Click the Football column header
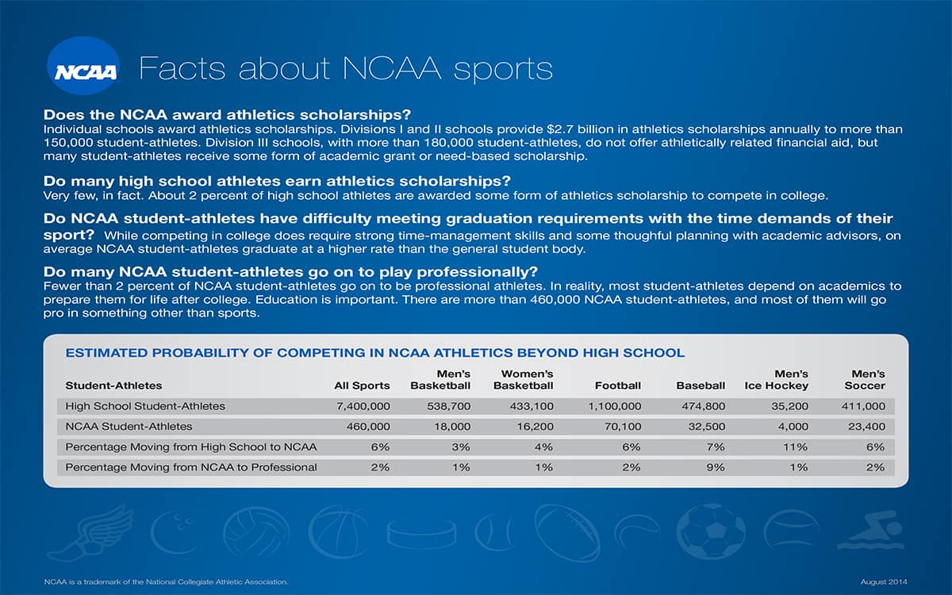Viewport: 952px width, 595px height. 617,386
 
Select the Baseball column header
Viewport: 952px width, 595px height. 701,386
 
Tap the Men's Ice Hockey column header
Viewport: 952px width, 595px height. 777,380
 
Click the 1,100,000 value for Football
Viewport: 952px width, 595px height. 615,406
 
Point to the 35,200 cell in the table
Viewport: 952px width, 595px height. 789,406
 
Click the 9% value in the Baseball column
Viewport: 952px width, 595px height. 716,467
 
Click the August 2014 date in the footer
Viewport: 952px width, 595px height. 884,582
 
